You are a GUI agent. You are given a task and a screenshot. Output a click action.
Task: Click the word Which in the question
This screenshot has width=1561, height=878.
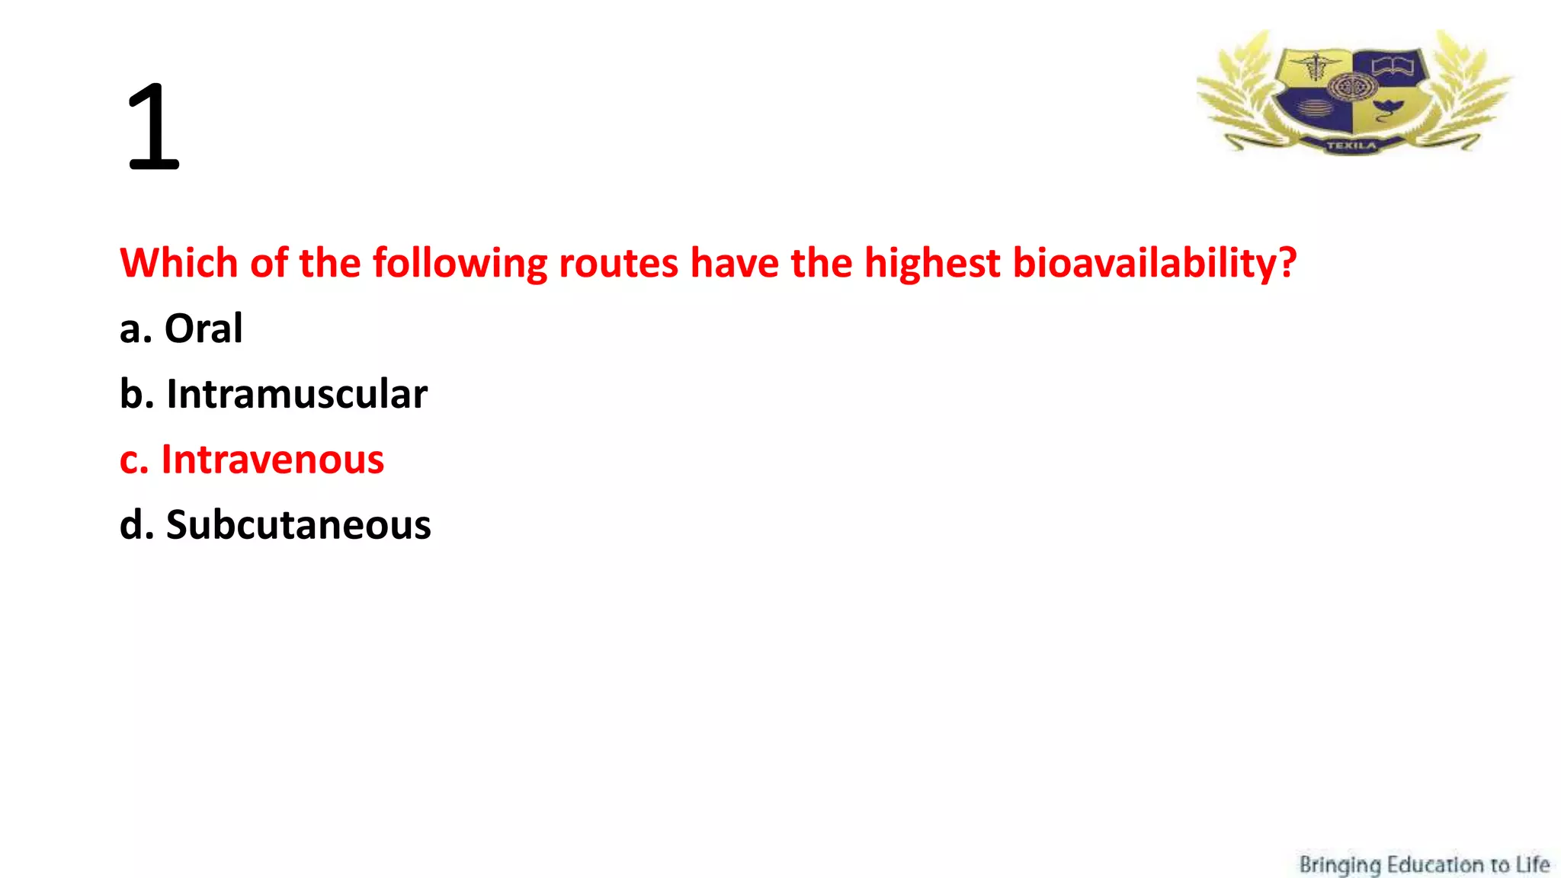pyautogui.click(x=179, y=263)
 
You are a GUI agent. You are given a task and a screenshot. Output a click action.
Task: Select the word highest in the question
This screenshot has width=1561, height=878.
pyautogui.click(x=931, y=263)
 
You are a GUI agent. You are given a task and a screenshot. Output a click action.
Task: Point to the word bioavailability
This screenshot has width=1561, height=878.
pyautogui.click(x=1143, y=263)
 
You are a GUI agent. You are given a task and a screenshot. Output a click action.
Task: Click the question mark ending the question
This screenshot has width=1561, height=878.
pyautogui.click(x=1287, y=263)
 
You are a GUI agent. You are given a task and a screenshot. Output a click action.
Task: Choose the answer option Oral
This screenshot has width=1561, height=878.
pyautogui.click(x=204, y=328)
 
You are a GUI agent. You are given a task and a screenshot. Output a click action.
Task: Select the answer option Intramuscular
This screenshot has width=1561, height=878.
pyautogui.click(x=296, y=394)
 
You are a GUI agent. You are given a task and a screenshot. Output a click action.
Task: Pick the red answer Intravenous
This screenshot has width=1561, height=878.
pyautogui.click(x=273, y=460)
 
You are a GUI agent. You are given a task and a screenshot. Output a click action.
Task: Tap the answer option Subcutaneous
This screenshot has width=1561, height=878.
pyautogui.click(x=298, y=525)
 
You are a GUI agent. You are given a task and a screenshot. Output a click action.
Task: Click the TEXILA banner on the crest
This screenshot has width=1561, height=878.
pyautogui.click(x=1351, y=145)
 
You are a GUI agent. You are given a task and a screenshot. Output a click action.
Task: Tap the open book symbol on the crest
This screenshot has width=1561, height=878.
pyautogui.click(x=1393, y=66)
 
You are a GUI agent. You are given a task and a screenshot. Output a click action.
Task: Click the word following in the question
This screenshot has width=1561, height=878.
pyautogui.click(x=459, y=263)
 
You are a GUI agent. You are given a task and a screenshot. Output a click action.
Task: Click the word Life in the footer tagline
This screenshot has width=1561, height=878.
pyautogui.click(x=1532, y=865)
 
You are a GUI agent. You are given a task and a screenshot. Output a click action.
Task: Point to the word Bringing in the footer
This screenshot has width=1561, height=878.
pyautogui.click(x=1339, y=865)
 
